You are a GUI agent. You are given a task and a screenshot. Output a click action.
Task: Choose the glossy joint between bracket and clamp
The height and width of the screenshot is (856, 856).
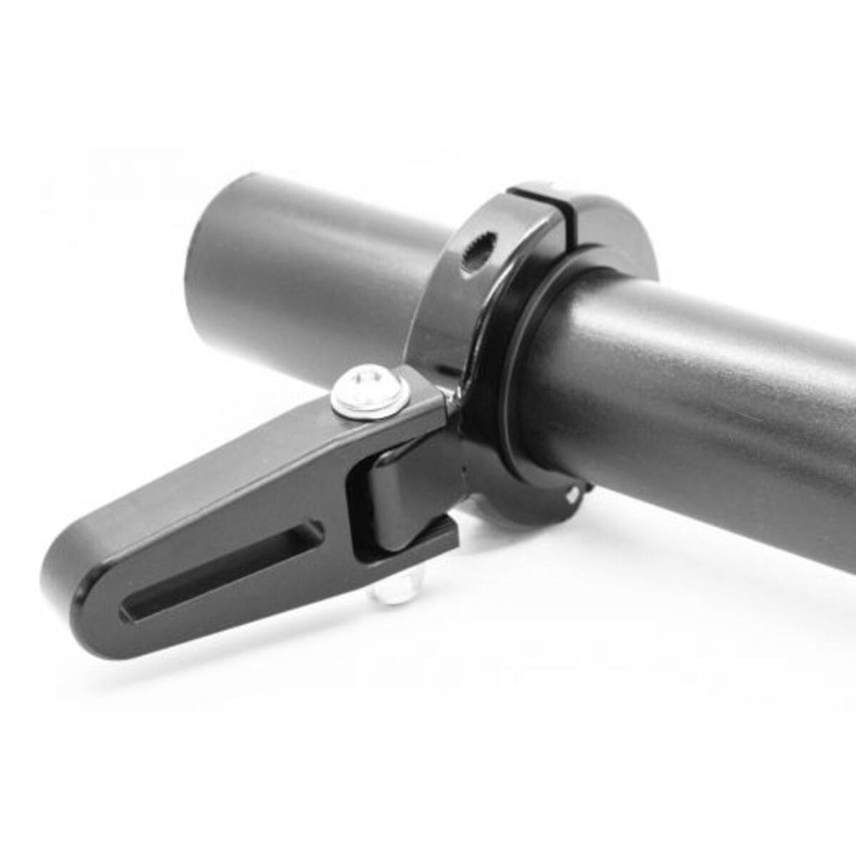pyautogui.click(x=451, y=399)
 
